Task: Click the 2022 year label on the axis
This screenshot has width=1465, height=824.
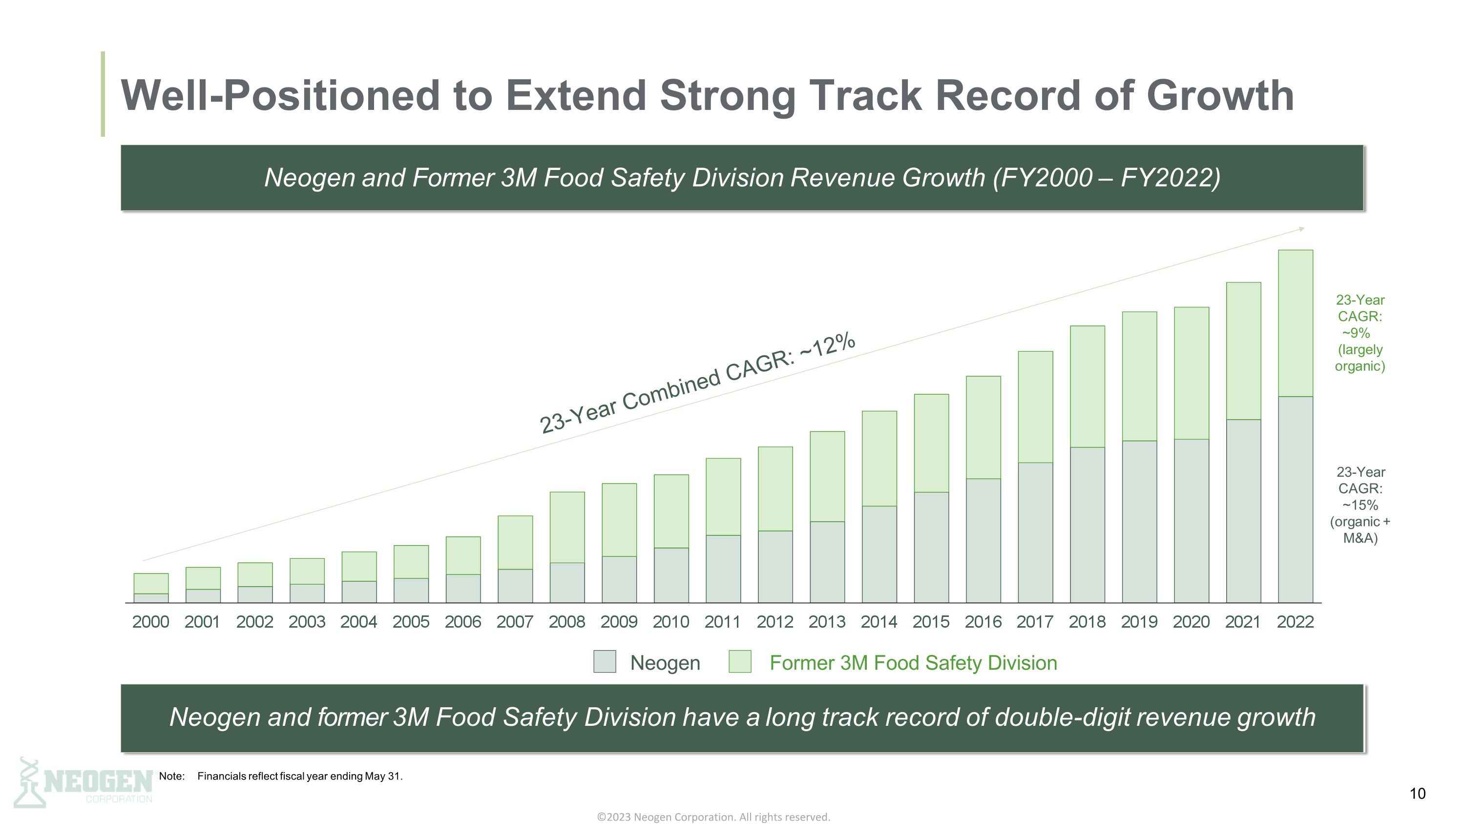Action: (1295, 622)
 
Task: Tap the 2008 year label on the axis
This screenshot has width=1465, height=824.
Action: (566, 622)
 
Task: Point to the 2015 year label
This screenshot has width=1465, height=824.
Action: (931, 622)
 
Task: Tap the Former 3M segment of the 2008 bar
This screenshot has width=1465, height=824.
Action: (567, 527)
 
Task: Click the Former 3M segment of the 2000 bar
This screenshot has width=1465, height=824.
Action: (151, 584)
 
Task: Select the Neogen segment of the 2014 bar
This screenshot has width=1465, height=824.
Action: (879, 554)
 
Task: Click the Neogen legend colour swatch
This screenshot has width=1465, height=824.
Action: (605, 662)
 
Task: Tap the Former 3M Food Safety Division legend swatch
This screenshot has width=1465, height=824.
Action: (740, 662)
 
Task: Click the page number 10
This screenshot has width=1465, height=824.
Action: (1417, 793)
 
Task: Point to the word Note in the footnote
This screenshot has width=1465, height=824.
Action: (171, 776)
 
